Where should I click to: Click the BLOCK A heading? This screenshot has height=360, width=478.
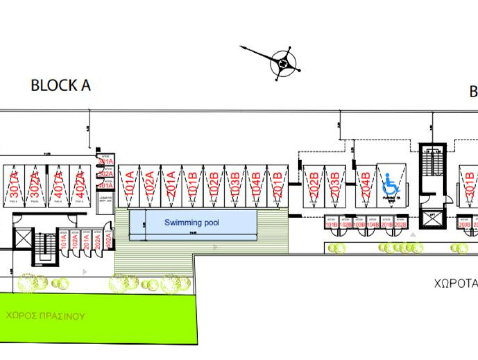(x=61, y=85)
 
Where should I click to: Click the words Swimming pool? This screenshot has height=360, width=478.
(x=192, y=223)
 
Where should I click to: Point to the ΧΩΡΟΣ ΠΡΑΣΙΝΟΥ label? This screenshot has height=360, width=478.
(x=45, y=316)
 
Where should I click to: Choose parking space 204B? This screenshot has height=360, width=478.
(x=366, y=186)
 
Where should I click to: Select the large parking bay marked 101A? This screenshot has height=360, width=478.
(x=129, y=186)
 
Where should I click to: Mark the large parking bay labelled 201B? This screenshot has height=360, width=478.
(x=278, y=186)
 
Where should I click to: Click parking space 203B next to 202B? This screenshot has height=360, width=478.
(x=335, y=186)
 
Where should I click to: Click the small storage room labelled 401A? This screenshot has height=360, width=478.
(x=105, y=185)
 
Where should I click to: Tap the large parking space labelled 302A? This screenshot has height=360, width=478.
(x=35, y=186)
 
